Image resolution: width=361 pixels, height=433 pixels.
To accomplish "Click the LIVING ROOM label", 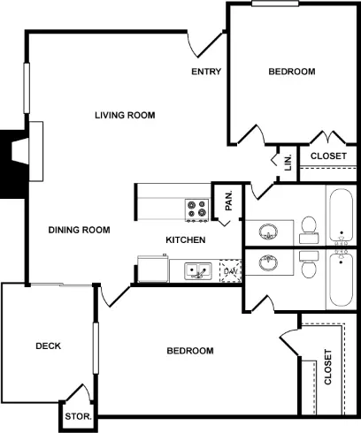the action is (125, 115).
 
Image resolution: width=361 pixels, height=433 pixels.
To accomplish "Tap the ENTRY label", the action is (206, 72).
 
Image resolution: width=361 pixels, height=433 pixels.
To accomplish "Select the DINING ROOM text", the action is (80, 230).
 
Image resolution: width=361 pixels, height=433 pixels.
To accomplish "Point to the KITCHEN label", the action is (186, 239).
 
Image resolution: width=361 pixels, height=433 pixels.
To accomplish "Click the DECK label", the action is (49, 346).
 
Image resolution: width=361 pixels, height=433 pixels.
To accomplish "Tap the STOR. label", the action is (79, 416).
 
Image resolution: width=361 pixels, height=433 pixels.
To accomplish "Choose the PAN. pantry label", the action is (228, 201).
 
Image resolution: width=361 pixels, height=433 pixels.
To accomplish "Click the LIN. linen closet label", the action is (288, 163).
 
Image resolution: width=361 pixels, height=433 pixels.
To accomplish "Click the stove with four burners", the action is (197, 210).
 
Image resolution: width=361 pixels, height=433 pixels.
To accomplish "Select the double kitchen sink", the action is (198, 271).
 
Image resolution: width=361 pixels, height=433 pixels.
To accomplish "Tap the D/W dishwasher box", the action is (231, 271).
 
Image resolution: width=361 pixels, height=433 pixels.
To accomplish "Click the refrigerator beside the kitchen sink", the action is (153, 269).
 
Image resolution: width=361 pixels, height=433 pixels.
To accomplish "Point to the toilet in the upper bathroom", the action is (309, 230).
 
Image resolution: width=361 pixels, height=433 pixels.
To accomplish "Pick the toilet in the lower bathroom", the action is (309, 264).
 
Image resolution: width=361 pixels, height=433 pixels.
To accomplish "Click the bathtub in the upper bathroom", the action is (341, 215).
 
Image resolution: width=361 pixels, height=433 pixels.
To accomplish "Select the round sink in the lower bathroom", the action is (268, 262).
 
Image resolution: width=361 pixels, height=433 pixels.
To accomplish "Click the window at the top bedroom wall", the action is (275, 4).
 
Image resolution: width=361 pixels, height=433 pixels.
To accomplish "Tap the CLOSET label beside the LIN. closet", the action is (328, 156).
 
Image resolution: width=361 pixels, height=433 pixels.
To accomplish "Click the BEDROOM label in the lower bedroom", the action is (190, 351).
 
